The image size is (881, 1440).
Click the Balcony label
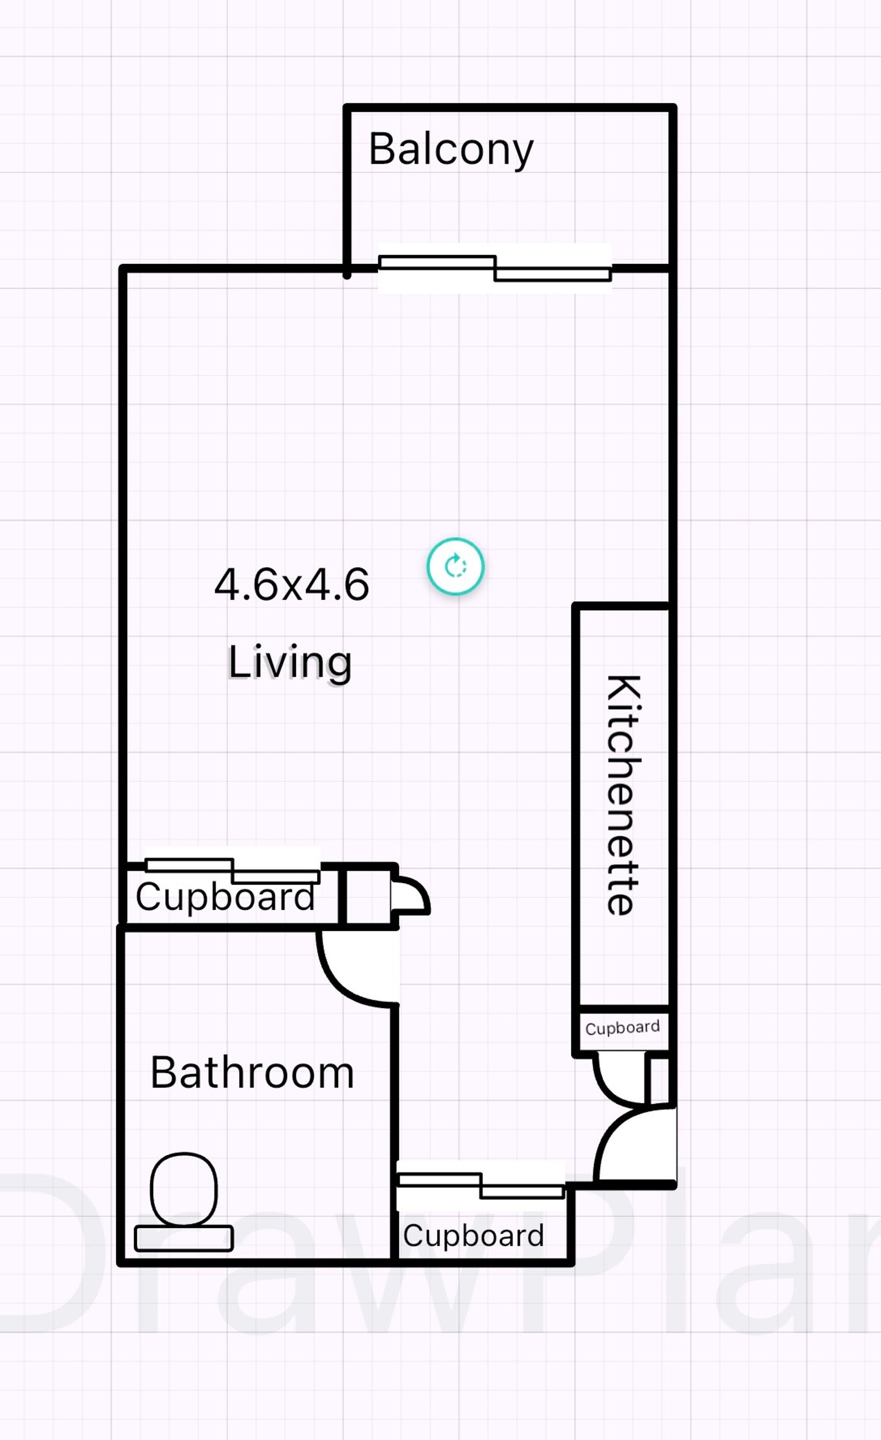451,149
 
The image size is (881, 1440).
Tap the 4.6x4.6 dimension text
292,584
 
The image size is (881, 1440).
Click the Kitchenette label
623,795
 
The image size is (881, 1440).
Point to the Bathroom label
252,1073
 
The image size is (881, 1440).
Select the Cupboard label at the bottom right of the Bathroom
473,1235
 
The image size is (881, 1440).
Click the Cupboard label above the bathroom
225,897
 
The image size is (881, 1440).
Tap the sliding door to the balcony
495,268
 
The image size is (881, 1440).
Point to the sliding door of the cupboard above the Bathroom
233,870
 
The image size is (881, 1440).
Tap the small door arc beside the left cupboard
412,895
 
